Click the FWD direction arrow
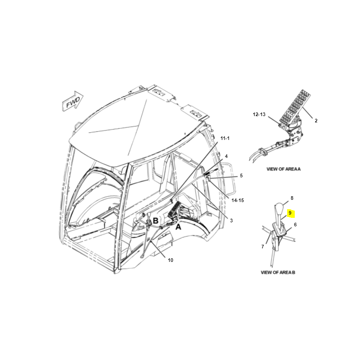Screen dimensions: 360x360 click(x=73, y=101)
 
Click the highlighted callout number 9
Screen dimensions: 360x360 click(x=290, y=213)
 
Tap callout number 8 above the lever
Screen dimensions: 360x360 click(x=292, y=198)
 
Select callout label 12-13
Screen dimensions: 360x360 click(x=259, y=114)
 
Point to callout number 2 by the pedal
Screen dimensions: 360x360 click(x=316, y=121)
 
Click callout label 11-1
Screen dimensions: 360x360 click(x=225, y=138)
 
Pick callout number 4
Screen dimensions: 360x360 click(x=226, y=156)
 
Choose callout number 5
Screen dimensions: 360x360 click(x=241, y=175)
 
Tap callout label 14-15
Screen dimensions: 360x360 click(x=238, y=200)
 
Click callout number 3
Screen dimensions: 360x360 click(x=231, y=220)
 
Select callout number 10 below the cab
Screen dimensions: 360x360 click(x=171, y=260)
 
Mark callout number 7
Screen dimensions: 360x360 click(x=263, y=247)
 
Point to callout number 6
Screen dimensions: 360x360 click(x=295, y=225)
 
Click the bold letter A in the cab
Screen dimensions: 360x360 click(x=178, y=227)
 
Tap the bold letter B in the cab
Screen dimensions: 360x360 click(x=156, y=221)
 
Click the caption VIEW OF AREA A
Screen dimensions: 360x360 click(x=283, y=169)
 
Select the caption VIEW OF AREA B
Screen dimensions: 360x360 click(x=278, y=273)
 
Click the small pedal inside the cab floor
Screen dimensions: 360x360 click(x=173, y=209)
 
